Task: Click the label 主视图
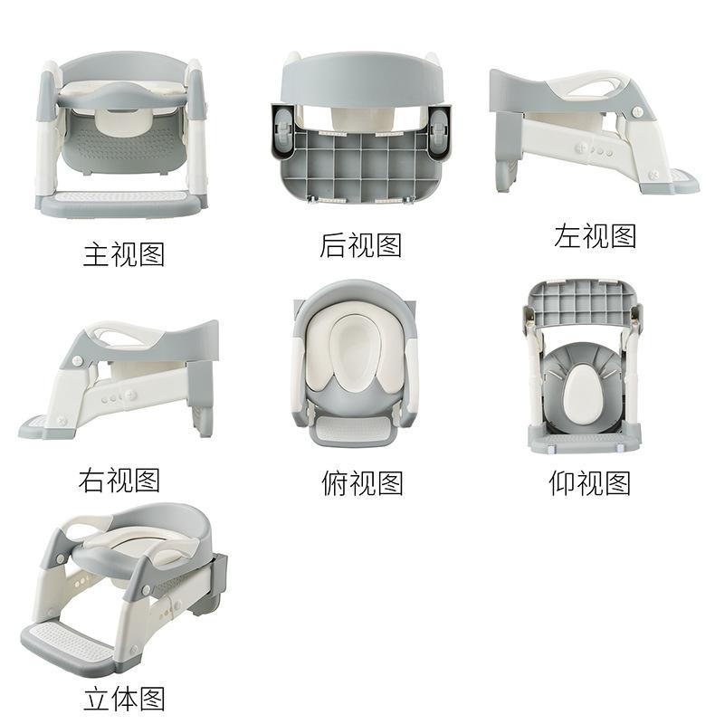click(124, 254)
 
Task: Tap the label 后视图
click(361, 244)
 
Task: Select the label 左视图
click(595, 235)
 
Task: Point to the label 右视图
click(119, 481)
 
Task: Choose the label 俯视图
click(362, 483)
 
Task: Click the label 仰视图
click(590, 483)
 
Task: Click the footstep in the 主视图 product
click(121, 204)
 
